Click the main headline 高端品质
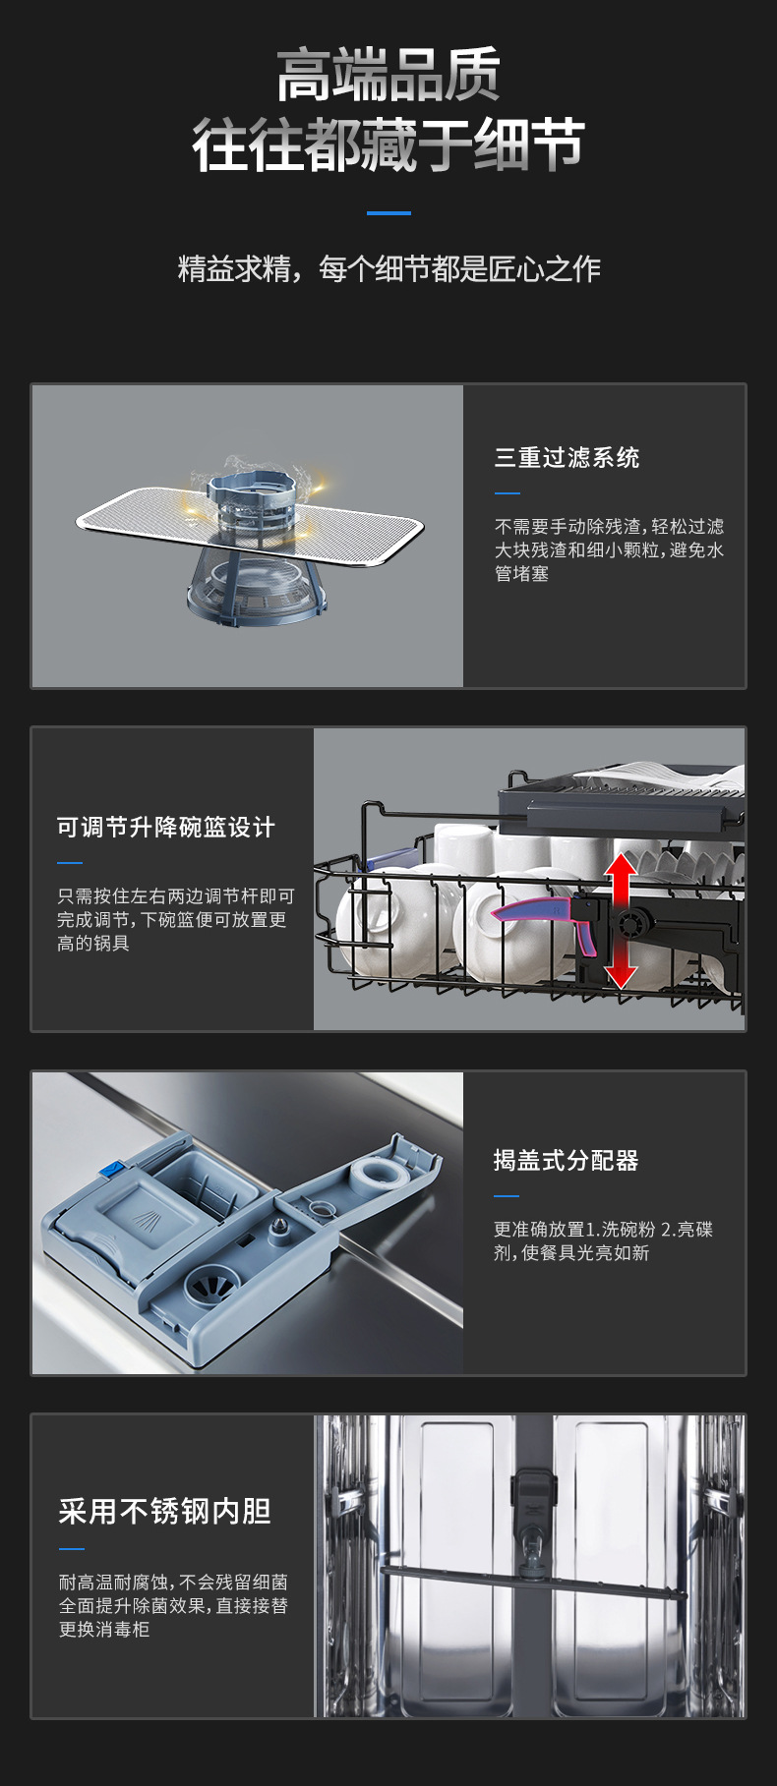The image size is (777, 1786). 388,75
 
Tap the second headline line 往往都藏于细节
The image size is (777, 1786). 388,144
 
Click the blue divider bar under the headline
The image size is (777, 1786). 388,212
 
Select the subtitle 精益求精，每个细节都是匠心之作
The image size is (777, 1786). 388,268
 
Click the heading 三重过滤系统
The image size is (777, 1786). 567,458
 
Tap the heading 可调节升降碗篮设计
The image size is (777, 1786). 165,828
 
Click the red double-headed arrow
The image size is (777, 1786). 621,919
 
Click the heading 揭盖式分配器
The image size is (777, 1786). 566,1161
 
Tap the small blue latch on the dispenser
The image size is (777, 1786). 111,1170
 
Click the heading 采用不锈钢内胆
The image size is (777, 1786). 164,1512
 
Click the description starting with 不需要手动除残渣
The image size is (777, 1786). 609,549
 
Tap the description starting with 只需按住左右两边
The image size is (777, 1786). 175,919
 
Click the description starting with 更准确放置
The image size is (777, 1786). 602,1240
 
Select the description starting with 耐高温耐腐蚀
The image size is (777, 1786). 173,1605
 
